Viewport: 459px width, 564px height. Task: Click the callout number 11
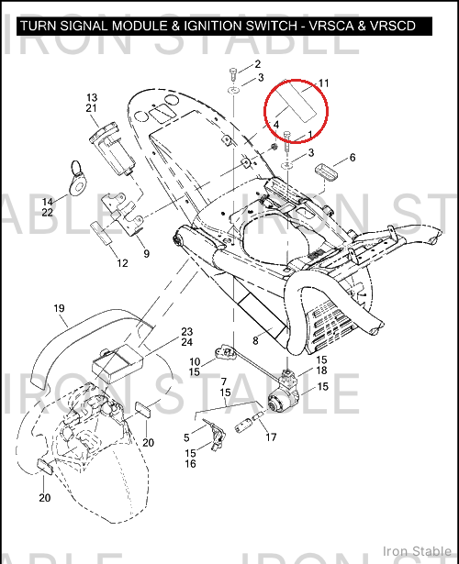click(x=324, y=83)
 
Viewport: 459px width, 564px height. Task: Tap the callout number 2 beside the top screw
click(x=257, y=64)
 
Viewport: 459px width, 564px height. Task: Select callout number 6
click(x=353, y=157)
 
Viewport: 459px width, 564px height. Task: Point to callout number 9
click(x=146, y=254)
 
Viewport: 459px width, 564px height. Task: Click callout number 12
click(x=122, y=263)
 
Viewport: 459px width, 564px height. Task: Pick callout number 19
click(x=59, y=308)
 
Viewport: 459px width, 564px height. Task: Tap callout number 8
click(x=255, y=340)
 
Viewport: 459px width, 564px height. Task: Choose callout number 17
click(x=271, y=437)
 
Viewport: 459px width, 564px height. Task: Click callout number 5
click(x=186, y=437)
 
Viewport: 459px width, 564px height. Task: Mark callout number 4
click(x=276, y=125)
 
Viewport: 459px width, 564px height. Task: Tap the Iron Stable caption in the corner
click(x=417, y=551)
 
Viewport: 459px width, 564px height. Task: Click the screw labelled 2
click(x=232, y=73)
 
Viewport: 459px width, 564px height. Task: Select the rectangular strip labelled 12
click(x=102, y=233)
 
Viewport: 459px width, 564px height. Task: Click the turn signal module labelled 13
click(x=112, y=149)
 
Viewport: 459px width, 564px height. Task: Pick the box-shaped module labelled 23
click(x=118, y=363)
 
